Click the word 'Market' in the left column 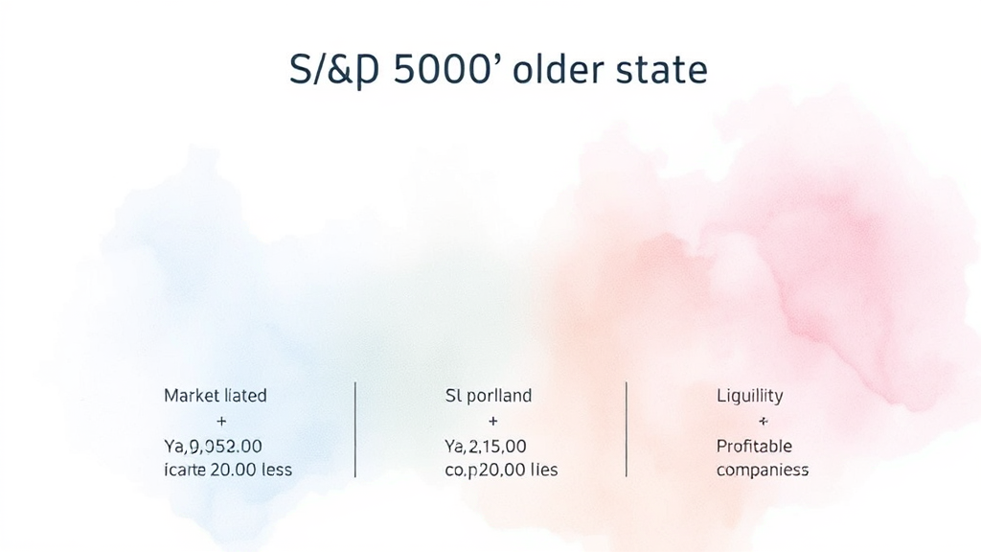click(x=192, y=395)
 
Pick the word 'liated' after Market click(x=245, y=395)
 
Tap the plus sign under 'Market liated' click(x=222, y=421)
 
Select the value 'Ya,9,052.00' click(x=213, y=447)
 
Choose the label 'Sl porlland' click(x=488, y=395)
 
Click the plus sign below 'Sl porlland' click(x=492, y=421)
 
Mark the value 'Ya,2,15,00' click(x=485, y=447)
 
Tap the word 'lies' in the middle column click(x=542, y=471)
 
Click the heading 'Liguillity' click(x=749, y=395)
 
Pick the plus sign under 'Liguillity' click(x=763, y=421)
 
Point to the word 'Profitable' click(x=754, y=447)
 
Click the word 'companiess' click(x=763, y=471)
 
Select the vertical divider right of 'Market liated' click(x=355, y=429)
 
